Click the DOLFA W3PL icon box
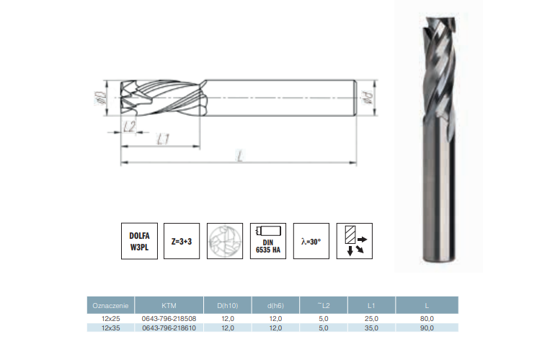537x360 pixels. click(139, 241)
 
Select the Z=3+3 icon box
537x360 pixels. click(182, 241)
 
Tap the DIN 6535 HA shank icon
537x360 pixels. click(268, 241)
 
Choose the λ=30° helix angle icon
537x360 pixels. click(311, 241)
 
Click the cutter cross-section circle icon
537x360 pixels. click(225, 241)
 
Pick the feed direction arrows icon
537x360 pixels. click(355, 241)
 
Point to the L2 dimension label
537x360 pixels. click(130, 127)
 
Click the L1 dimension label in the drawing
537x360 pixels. click(163, 139)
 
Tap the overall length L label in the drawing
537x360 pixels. click(240, 157)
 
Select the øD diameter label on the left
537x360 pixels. click(99, 98)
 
